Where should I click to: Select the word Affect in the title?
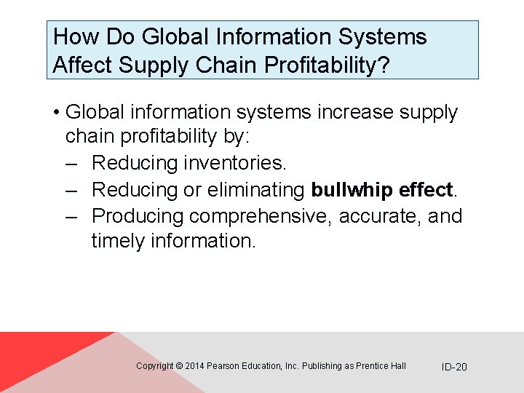[x=82, y=65]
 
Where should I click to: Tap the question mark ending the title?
[x=384, y=65]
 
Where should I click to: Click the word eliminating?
[x=255, y=190]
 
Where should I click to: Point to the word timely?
[x=118, y=241]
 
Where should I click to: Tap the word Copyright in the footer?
[x=155, y=366]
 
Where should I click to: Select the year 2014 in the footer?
[x=195, y=366]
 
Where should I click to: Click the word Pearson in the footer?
[x=223, y=366]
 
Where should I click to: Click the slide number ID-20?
[x=454, y=367]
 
